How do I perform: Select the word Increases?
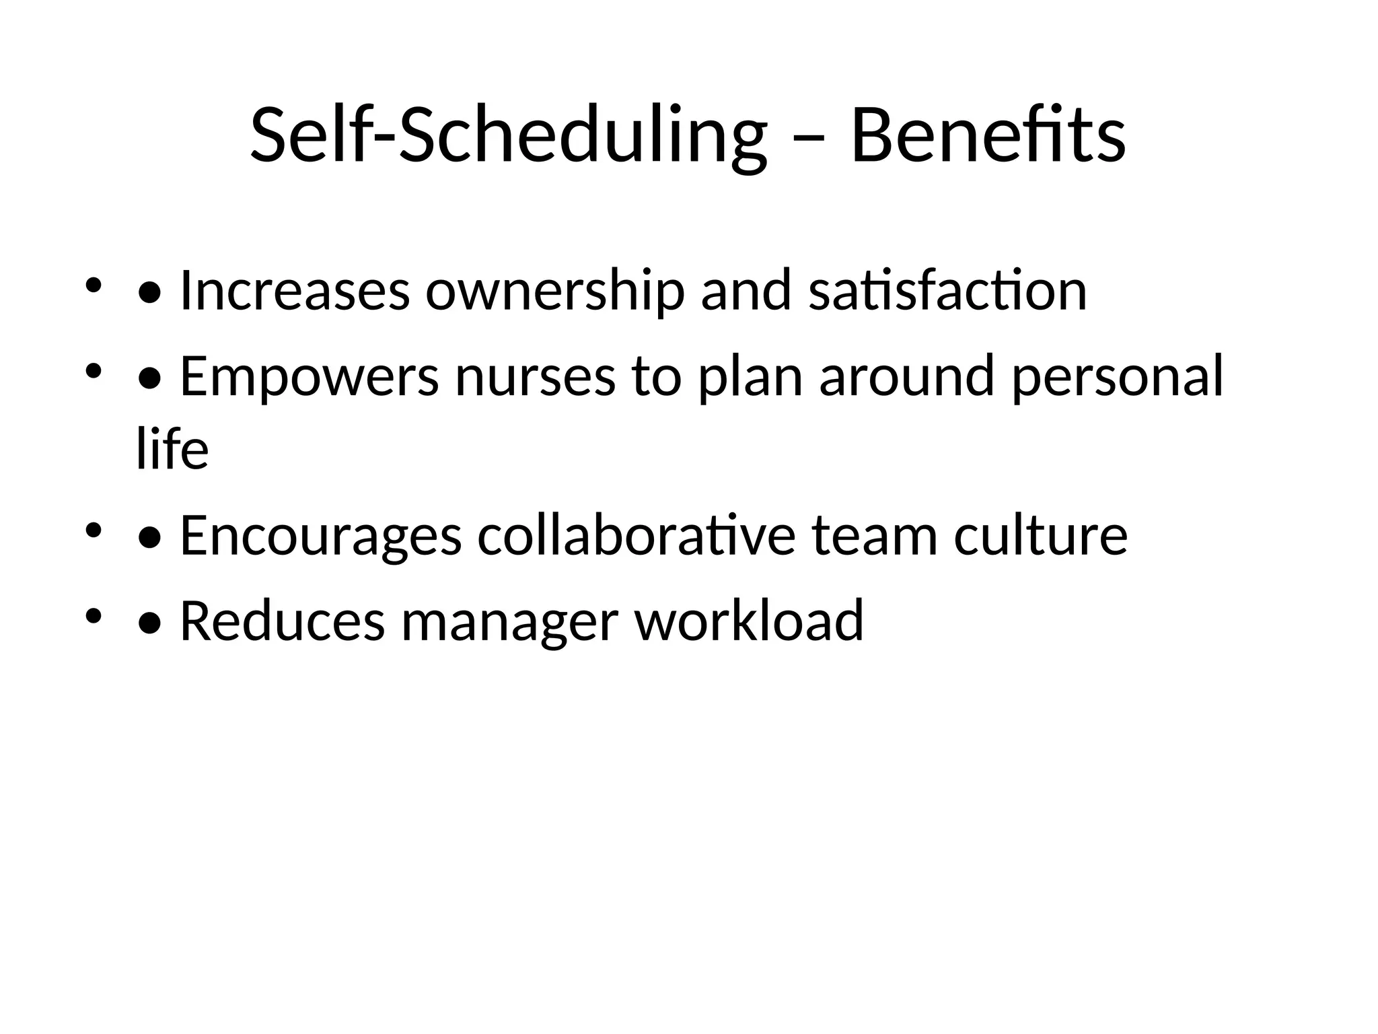[x=295, y=291]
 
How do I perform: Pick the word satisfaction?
[x=947, y=291]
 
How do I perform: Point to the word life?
[x=172, y=450]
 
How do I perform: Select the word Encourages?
[x=321, y=535]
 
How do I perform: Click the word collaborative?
[x=637, y=535]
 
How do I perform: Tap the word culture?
[x=1040, y=535]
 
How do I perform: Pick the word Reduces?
[x=283, y=620]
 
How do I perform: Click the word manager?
[x=509, y=620]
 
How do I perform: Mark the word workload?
[x=749, y=620]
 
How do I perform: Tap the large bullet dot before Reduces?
[x=149, y=623]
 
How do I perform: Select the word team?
[x=875, y=535]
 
